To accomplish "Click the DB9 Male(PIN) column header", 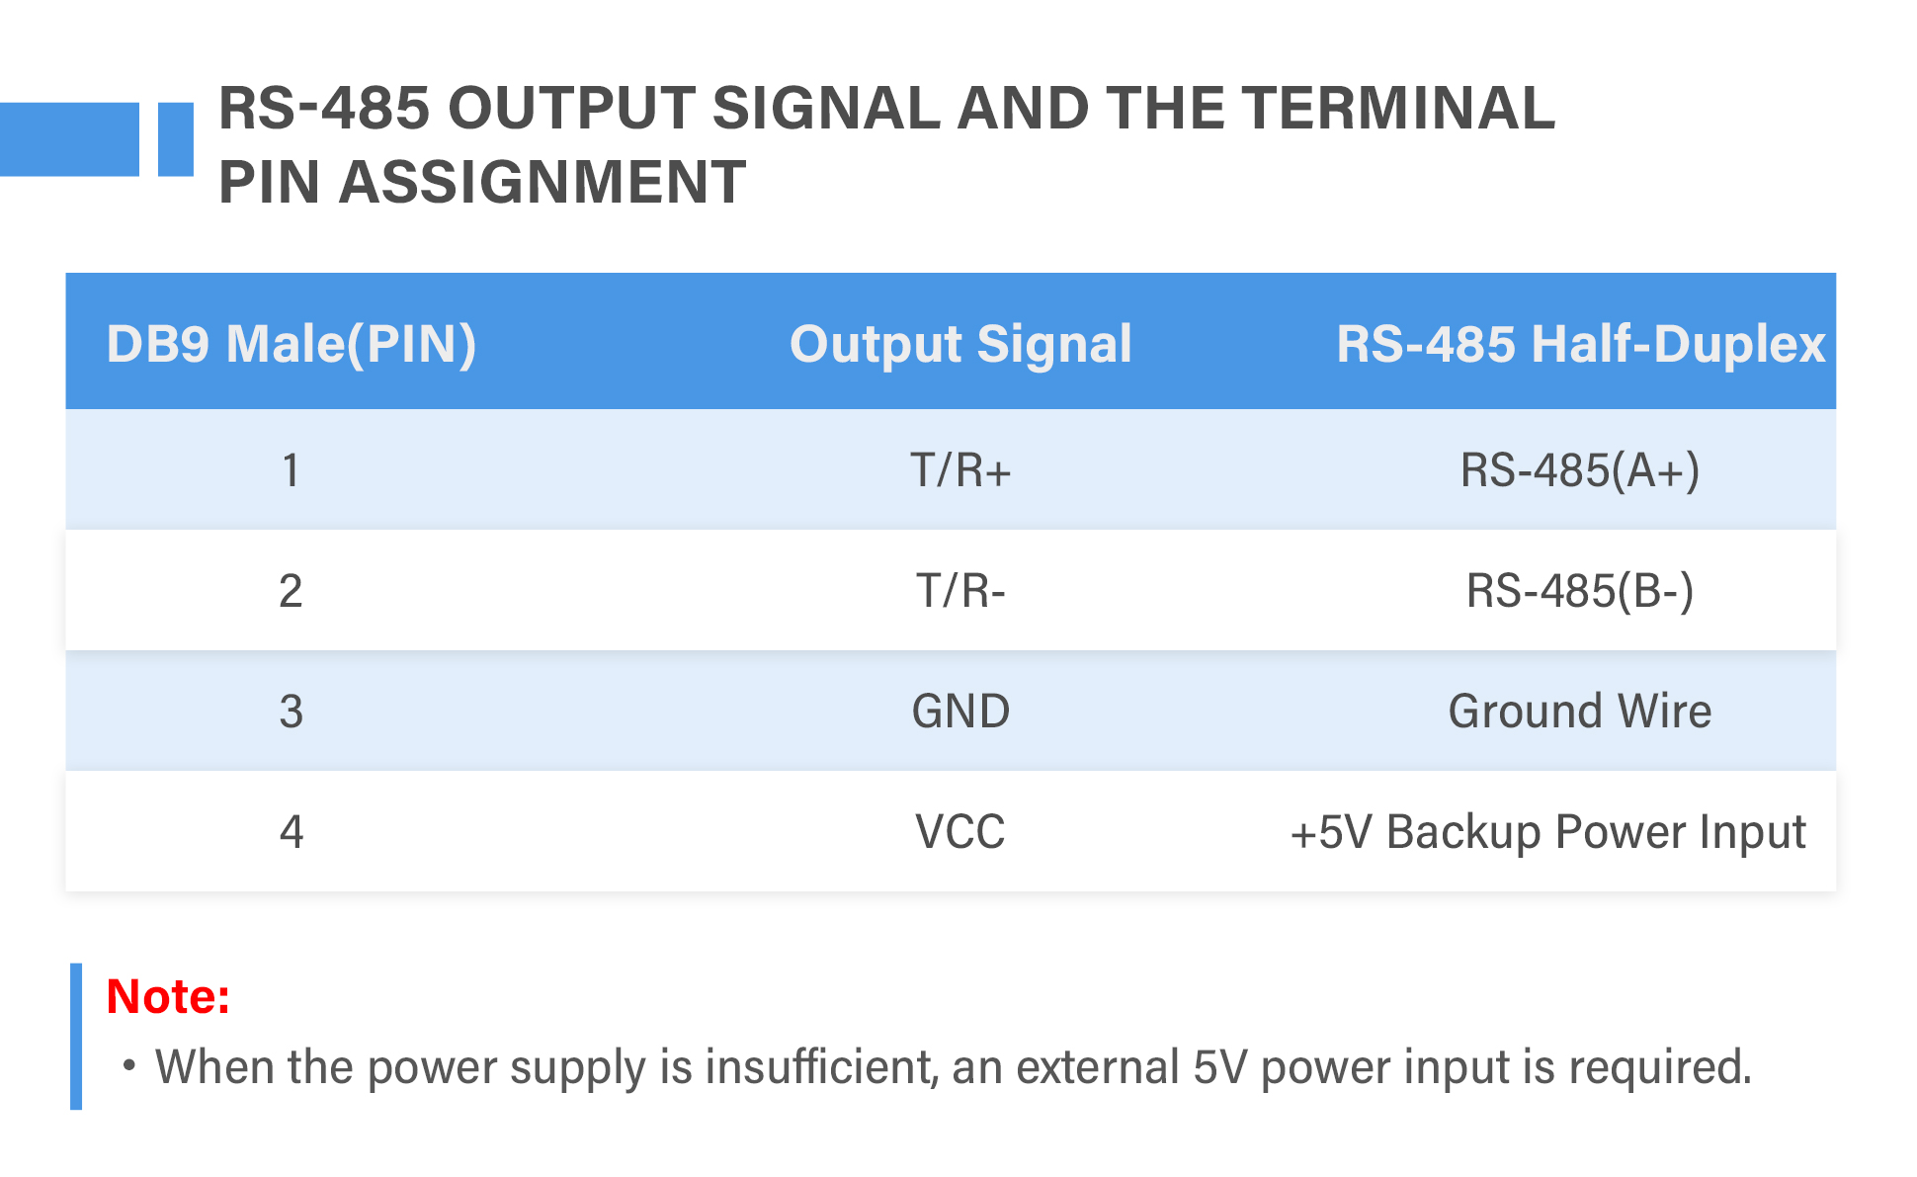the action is pos(292,344).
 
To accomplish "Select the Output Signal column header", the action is pos(960,344).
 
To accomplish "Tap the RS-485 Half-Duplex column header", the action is pos(1580,344).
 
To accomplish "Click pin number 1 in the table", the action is pos(291,470).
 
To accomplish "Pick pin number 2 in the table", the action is pos(291,591).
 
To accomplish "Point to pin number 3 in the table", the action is pos(291,712).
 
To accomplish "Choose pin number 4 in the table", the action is pos(291,832).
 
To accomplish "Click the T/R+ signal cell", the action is pos(960,470).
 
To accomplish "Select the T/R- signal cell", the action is pos(960,591).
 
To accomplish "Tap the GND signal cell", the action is pos(960,712).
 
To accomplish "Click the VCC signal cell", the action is pos(960,832).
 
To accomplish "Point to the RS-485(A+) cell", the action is pos(1580,470).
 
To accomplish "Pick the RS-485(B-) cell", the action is pos(1580,591).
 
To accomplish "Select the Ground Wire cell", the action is pos(1580,712).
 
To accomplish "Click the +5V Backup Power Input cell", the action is pos(1548,832).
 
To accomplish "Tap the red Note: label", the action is pos(168,996).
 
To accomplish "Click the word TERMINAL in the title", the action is pos(1399,108).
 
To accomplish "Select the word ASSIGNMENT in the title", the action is pos(542,183).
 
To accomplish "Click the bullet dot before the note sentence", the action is pos(128,1066).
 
